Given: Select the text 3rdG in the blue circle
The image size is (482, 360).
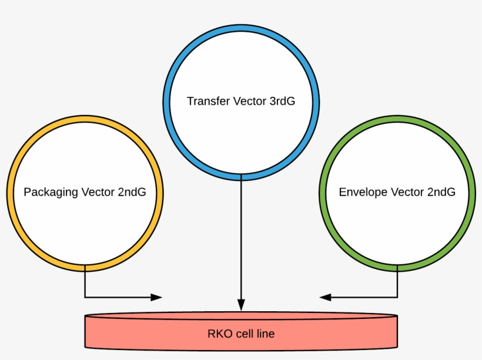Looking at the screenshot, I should [x=282, y=101].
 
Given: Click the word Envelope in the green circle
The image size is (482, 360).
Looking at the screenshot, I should [x=363, y=192].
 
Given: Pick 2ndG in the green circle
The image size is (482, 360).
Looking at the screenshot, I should [x=441, y=192].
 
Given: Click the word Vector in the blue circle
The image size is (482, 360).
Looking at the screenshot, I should [x=250, y=101].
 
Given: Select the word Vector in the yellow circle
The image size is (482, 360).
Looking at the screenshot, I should [x=99, y=192].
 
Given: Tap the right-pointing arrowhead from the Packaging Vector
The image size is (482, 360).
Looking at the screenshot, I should [x=156, y=297].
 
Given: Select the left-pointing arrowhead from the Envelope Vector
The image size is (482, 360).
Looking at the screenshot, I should [x=325, y=297].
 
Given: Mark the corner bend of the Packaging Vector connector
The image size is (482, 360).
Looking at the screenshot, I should [x=85, y=297].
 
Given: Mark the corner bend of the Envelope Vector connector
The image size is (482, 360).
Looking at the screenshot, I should [x=397, y=297].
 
